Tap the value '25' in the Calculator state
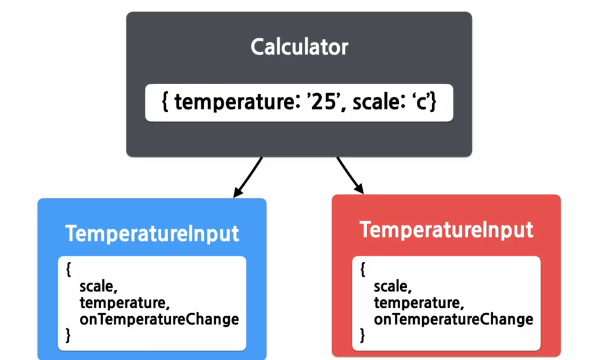pyautogui.click(x=320, y=103)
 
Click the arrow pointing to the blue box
pyautogui.click(x=248, y=177)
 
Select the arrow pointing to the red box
pyautogui.click(x=350, y=175)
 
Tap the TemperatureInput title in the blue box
pyautogui.click(x=152, y=233)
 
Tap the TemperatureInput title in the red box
pyautogui.click(x=446, y=230)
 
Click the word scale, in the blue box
pyautogui.click(x=98, y=287)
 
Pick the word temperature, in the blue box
pyautogui.click(x=124, y=303)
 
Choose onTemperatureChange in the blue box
pyautogui.click(x=159, y=319)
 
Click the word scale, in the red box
pyautogui.click(x=393, y=287)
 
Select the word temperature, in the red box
pyautogui.click(x=419, y=303)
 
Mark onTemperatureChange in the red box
pyautogui.click(x=453, y=319)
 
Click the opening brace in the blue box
pyautogui.click(x=68, y=270)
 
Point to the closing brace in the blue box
pyautogui.click(x=68, y=335)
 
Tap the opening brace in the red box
pyautogui.click(x=363, y=270)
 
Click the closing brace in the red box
pyautogui.click(x=363, y=335)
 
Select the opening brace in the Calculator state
pyautogui.click(x=165, y=103)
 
